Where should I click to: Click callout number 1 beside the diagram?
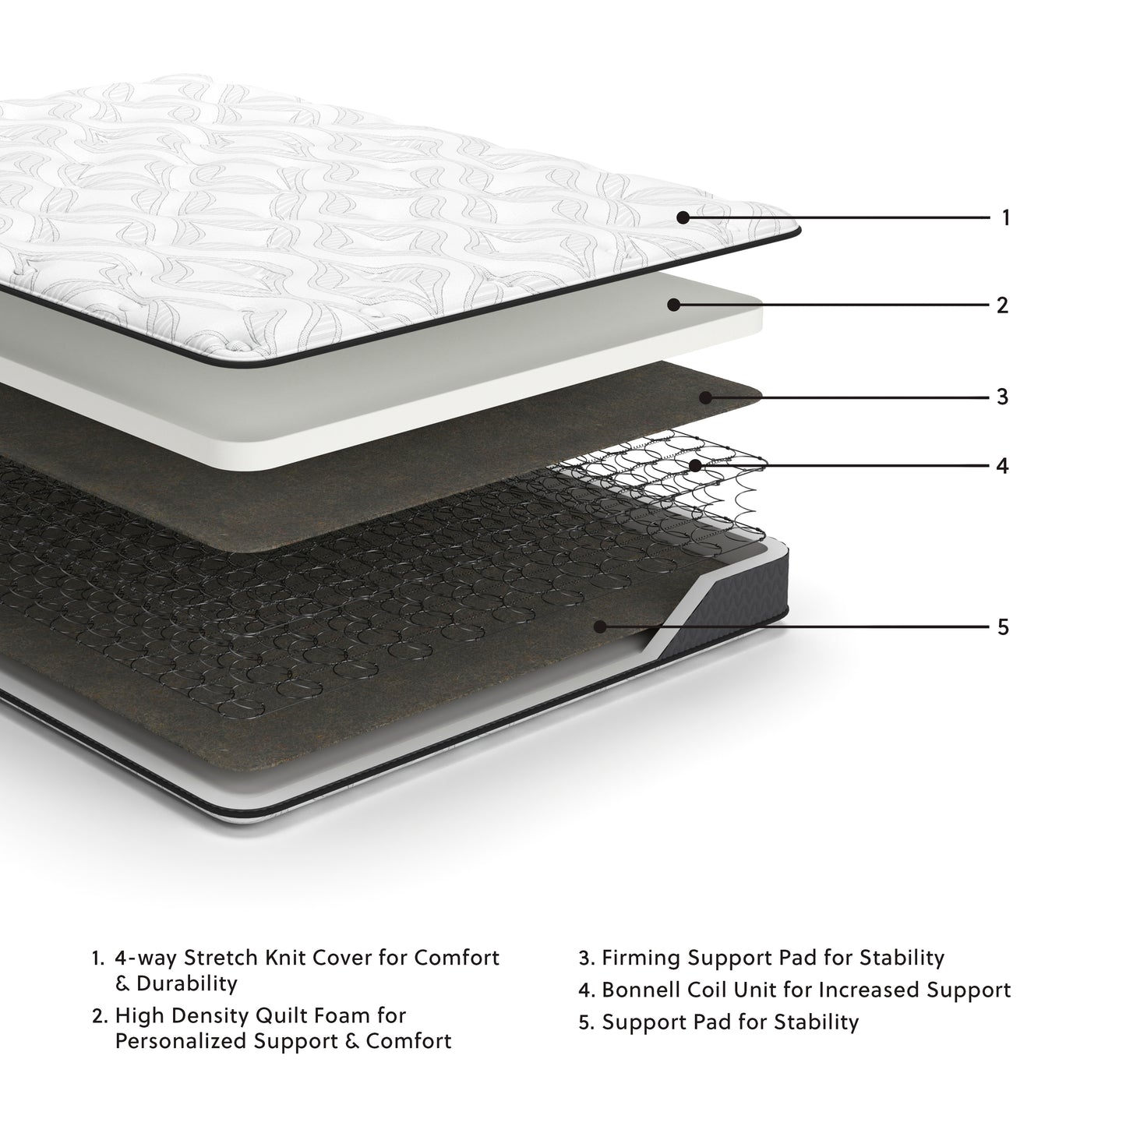[x=1005, y=218]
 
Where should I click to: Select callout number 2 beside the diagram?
[x=1003, y=305]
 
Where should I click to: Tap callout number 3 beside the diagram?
[x=1003, y=397]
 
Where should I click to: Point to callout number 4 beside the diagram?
[x=1003, y=466]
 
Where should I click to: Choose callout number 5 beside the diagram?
[x=1003, y=627]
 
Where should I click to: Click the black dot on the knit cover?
[x=683, y=218]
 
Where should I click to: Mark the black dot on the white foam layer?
[x=673, y=305]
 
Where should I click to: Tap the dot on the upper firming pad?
[x=704, y=397]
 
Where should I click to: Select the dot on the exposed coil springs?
[x=695, y=466]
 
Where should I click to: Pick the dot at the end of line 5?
[x=599, y=627]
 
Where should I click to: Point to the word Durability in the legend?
[x=186, y=983]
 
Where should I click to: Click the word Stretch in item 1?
[x=209, y=958]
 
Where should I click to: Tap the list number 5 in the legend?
[x=586, y=1022]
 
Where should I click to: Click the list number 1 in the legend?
[x=97, y=958]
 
